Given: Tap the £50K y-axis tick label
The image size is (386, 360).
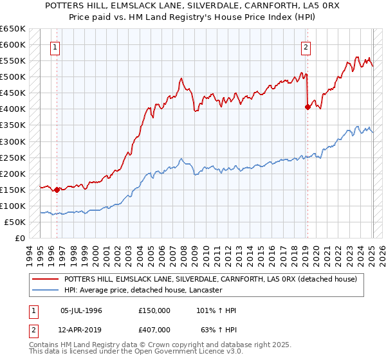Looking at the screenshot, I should [x=15, y=222].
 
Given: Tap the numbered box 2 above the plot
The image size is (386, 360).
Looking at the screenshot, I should [x=306, y=47].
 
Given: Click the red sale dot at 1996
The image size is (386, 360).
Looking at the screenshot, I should [x=57, y=190].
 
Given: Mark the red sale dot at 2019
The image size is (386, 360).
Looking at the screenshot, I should [x=308, y=107].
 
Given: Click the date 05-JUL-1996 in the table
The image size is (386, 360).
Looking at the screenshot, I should [x=82, y=310].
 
